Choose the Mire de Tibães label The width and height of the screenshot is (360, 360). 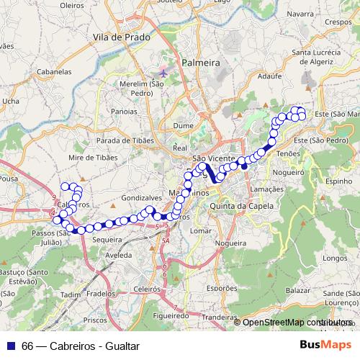tap(91, 156)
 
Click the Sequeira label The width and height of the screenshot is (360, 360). tap(107, 239)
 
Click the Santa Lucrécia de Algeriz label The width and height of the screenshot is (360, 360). tap(321, 57)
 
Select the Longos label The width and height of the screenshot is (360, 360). tap(336, 257)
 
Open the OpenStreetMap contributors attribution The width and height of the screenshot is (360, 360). tap(296, 323)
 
